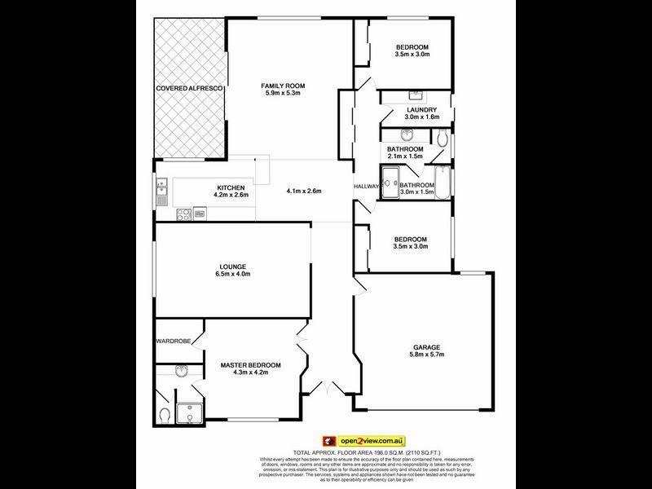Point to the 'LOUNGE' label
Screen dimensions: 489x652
(232, 267)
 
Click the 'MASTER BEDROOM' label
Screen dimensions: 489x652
(250, 364)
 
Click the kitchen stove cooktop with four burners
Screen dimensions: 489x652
(184, 215)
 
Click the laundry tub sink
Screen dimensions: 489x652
(413, 95)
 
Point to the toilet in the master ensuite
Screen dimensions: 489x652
(165, 416)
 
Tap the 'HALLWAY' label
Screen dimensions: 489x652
(367, 187)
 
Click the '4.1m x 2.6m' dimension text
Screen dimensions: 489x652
(304, 192)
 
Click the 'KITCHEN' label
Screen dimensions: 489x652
(231, 187)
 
